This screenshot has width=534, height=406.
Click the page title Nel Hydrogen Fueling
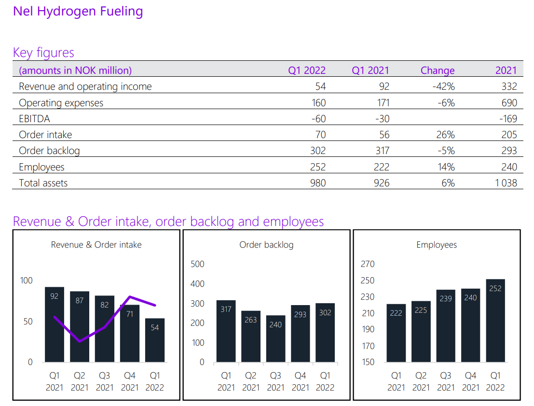(x=78, y=11)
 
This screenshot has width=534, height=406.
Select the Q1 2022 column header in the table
(x=307, y=70)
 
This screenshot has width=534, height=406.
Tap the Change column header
(x=438, y=70)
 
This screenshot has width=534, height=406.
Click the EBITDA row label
(x=34, y=119)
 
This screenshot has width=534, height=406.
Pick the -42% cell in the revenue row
(x=444, y=87)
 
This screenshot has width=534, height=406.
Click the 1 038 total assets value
(x=506, y=183)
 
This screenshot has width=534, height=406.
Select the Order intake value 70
(x=320, y=135)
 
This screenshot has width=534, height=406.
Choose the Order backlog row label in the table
(x=49, y=151)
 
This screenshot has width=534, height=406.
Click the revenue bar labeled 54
(x=154, y=340)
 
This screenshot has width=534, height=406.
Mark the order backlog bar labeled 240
(x=275, y=338)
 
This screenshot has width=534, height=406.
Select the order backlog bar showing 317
(x=226, y=331)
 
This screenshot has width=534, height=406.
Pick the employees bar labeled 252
(x=495, y=321)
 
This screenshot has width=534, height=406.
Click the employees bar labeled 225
(x=421, y=332)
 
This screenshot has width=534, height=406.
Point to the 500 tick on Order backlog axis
(x=198, y=264)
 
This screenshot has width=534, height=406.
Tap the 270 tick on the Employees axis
(x=368, y=264)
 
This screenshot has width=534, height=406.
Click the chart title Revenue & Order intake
(x=96, y=245)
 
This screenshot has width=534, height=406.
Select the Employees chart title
(x=437, y=245)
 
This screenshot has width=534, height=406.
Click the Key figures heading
(x=43, y=52)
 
